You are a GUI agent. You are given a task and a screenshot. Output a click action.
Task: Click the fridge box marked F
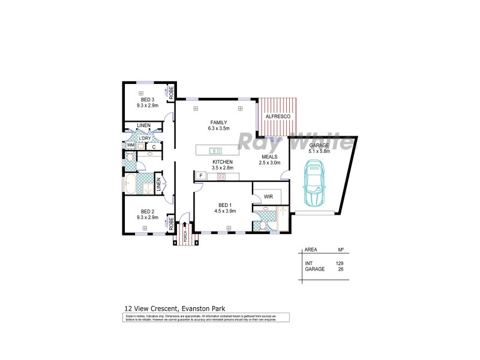point(201,175)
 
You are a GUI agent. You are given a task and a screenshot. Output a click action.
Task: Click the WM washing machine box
point(130,145)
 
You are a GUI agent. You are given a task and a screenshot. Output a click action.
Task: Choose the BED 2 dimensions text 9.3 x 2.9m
point(148,217)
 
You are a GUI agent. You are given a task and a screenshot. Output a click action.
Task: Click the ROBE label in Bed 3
point(171,92)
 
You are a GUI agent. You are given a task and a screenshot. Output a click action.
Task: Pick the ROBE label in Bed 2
point(171,224)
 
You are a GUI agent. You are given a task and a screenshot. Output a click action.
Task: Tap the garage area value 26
point(340,269)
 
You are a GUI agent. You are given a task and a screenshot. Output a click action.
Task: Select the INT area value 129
point(339,263)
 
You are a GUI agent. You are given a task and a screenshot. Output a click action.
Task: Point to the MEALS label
point(269,156)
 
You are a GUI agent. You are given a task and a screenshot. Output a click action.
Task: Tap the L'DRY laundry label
point(145,138)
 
